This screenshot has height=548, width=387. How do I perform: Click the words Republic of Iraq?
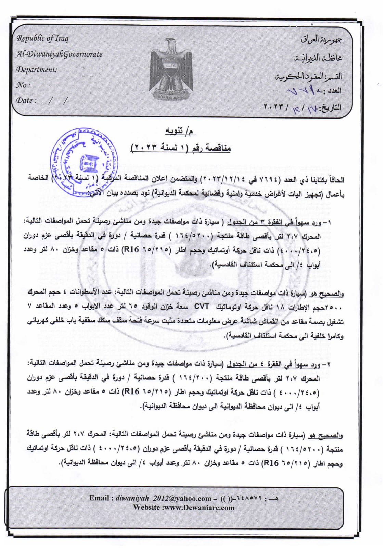[x=42, y=38]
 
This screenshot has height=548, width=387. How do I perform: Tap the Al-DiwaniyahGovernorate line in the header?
[x=59, y=54]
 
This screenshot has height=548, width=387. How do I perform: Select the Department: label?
[x=37, y=69]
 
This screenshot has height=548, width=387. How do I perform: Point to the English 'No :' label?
[x=23, y=85]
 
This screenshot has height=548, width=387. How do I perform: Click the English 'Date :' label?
[x=26, y=100]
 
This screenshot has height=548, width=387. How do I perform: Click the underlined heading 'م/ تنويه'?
[x=180, y=131]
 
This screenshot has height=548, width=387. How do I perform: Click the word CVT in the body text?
[x=202, y=306]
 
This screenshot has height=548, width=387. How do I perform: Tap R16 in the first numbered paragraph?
[x=131, y=249]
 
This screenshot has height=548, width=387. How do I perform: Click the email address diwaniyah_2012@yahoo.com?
[x=163, y=498]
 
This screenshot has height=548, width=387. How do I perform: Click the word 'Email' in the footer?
[x=99, y=498]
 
